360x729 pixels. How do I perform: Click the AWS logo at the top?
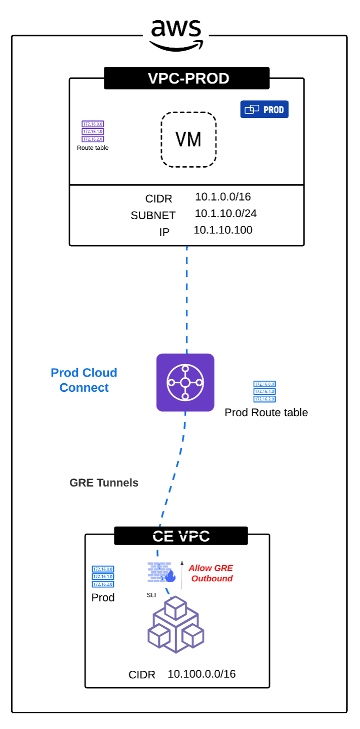(176, 35)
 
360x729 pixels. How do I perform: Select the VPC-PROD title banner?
(187, 78)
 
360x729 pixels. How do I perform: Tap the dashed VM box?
(189, 140)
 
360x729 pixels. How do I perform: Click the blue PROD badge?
(264, 109)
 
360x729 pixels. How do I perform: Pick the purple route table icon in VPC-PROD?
(93, 131)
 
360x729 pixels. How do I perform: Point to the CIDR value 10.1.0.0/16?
(223, 197)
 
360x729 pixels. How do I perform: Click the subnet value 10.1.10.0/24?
(226, 214)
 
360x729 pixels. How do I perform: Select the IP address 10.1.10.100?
(223, 230)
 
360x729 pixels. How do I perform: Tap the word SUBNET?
(153, 216)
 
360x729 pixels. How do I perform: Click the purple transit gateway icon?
(185, 383)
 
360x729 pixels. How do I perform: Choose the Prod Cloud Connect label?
(84, 380)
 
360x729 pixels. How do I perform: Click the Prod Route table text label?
(266, 413)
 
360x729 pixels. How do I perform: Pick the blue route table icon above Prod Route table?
(264, 391)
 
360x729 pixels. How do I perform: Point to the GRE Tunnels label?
(104, 483)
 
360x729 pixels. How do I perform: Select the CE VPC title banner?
(181, 536)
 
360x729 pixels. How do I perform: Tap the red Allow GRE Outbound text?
(211, 573)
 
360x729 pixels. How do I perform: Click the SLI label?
(151, 595)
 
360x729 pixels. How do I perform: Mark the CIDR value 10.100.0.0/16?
(202, 674)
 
